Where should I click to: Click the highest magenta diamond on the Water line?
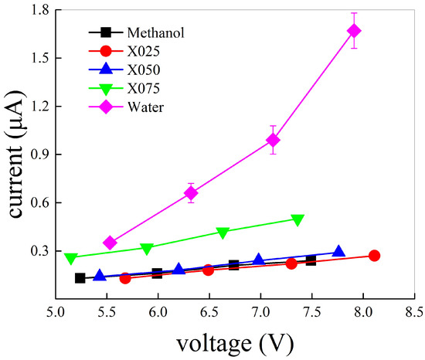[354, 31]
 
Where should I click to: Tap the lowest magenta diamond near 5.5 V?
[110, 243]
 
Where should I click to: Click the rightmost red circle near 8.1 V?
[374, 256]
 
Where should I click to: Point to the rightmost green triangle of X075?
[297, 219]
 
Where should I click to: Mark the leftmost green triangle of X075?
[71, 258]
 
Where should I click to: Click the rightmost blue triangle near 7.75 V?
[338, 252]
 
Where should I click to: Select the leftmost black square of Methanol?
[80, 278]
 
